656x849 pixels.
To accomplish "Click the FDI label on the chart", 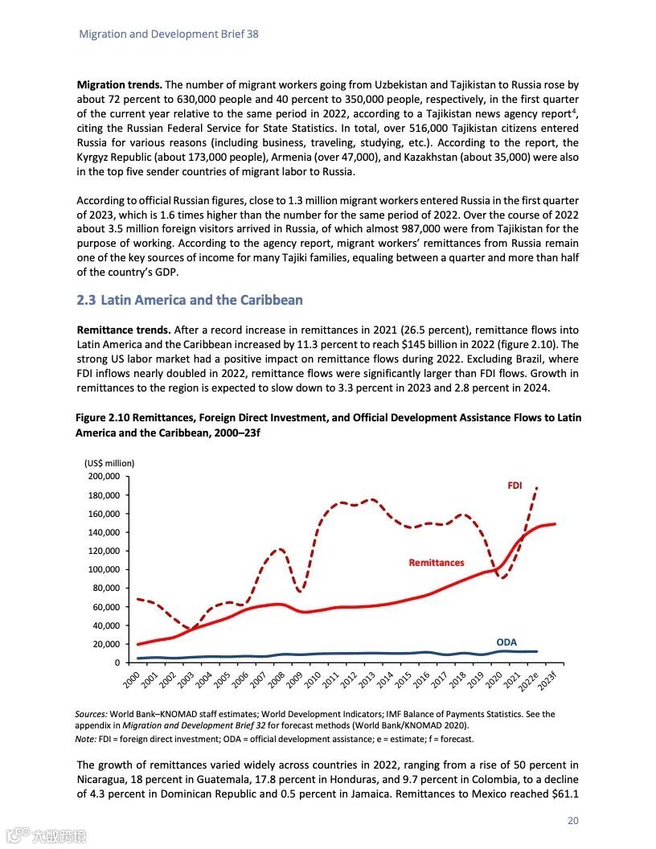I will point(515,486).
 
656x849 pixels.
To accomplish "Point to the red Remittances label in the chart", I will point(436,563).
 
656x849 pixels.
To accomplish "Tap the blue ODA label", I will point(506,642).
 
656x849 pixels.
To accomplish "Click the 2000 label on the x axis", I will point(133,679).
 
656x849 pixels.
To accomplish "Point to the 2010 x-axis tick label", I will point(314,679).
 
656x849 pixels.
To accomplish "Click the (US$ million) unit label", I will point(109,463).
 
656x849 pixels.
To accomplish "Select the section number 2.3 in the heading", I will point(86,301).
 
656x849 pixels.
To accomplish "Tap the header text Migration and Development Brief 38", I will point(168,35).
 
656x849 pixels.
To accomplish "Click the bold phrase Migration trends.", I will point(119,84).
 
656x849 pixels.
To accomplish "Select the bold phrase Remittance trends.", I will point(123,330).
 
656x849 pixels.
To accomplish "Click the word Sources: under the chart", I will point(91,714).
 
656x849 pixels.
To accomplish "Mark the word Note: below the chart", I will point(86,738).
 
